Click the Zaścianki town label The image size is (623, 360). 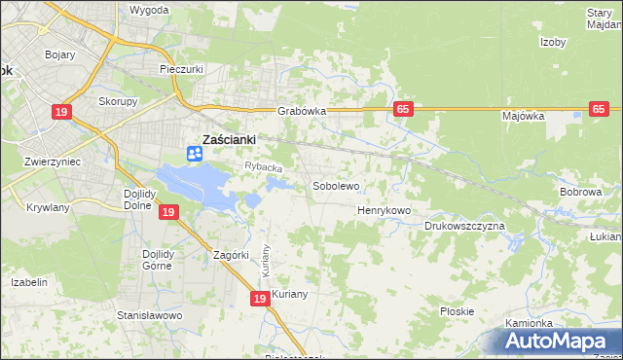pos(229,139)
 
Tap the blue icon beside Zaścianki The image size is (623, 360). pos(194,153)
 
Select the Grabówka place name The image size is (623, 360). pos(301,111)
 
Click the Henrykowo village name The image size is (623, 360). pos(385,210)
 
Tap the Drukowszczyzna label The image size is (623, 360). pos(464,226)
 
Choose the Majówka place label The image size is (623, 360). pos(523,116)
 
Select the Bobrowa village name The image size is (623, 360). pos(580,193)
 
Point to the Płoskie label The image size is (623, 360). pos(457,311)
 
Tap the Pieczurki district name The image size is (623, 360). pos(180,70)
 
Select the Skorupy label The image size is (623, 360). pos(118,100)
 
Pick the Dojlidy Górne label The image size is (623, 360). pos(157,262)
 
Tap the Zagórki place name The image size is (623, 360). pos(233,256)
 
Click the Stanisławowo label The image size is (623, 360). pos(150,316)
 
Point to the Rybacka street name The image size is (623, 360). pos(263,168)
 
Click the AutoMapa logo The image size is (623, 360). pos(561,342)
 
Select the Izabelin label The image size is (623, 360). pos(29,282)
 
